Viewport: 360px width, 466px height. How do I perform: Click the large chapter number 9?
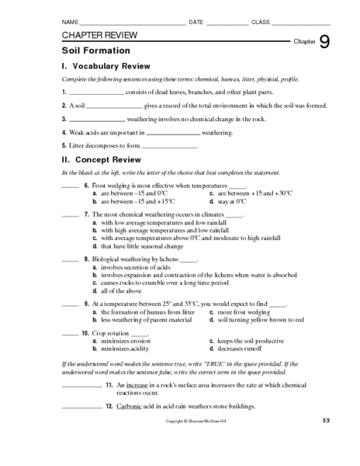click(x=324, y=42)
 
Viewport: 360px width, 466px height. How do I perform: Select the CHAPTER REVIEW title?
click(x=99, y=36)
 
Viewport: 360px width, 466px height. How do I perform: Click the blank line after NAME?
click(x=133, y=23)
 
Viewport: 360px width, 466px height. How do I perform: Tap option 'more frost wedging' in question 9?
click(x=244, y=312)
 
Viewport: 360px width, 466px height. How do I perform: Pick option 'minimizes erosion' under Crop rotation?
click(x=123, y=341)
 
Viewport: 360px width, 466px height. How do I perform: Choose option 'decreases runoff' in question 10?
click(x=244, y=349)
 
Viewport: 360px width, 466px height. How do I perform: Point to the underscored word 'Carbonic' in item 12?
click(x=130, y=406)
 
